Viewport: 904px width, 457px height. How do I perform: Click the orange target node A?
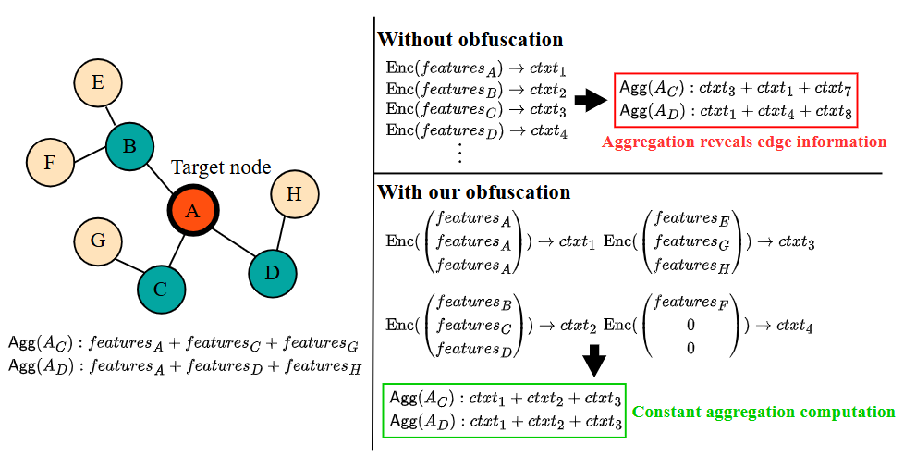click(192, 211)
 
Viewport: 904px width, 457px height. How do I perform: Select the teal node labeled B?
click(129, 145)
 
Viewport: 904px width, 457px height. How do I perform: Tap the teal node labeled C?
click(161, 289)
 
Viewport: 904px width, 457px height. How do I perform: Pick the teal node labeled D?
click(272, 272)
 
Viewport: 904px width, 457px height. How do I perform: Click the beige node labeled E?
click(98, 83)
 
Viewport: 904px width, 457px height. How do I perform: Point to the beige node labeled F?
click(50, 163)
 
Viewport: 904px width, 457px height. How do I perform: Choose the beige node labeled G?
click(98, 242)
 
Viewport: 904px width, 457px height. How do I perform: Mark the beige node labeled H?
click(294, 194)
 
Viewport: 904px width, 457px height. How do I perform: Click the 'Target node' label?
click(221, 167)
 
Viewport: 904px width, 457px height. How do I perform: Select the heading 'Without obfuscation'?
click(470, 40)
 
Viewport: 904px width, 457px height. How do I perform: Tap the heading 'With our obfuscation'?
click(473, 192)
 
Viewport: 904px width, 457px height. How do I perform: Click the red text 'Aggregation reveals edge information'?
click(744, 142)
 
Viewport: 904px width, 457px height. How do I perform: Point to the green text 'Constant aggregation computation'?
click(764, 412)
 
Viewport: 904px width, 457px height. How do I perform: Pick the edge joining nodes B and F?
click(90, 154)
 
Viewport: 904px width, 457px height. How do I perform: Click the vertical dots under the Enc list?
click(459, 153)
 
